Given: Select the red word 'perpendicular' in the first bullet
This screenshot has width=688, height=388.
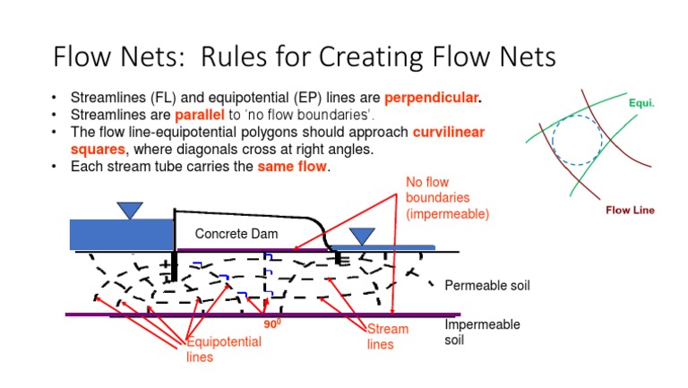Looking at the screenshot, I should click(x=433, y=97).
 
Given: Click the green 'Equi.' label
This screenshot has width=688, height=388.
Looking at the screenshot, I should click(x=641, y=103).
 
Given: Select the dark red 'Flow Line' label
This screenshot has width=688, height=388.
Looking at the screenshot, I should click(x=630, y=211).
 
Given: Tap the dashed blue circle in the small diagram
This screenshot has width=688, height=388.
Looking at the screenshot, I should click(x=578, y=142).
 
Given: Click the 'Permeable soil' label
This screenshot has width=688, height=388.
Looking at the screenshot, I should click(x=488, y=286).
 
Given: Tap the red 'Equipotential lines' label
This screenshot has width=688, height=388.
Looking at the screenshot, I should click(x=223, y=349).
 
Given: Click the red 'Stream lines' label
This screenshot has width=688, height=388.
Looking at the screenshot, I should click(x=387, y=336).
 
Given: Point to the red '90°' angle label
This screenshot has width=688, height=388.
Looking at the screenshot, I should click(x=272, y=325).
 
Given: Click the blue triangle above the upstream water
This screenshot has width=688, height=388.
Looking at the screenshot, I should click(x=130, y=210).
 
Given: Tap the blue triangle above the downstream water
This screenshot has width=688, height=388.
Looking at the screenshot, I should click(x=362, y=236).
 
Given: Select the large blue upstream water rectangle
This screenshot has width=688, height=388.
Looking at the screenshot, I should click(x=120, y=235).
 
